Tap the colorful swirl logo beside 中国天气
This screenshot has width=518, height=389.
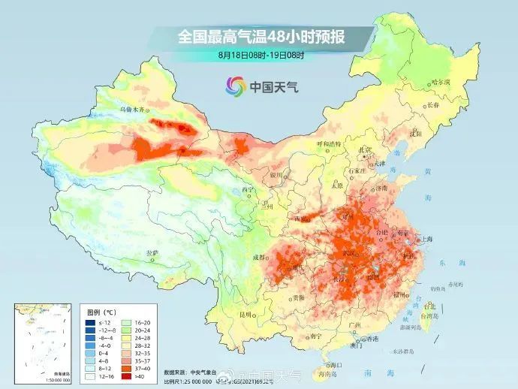pos(235,86)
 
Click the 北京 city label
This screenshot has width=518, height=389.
pos(365,149)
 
